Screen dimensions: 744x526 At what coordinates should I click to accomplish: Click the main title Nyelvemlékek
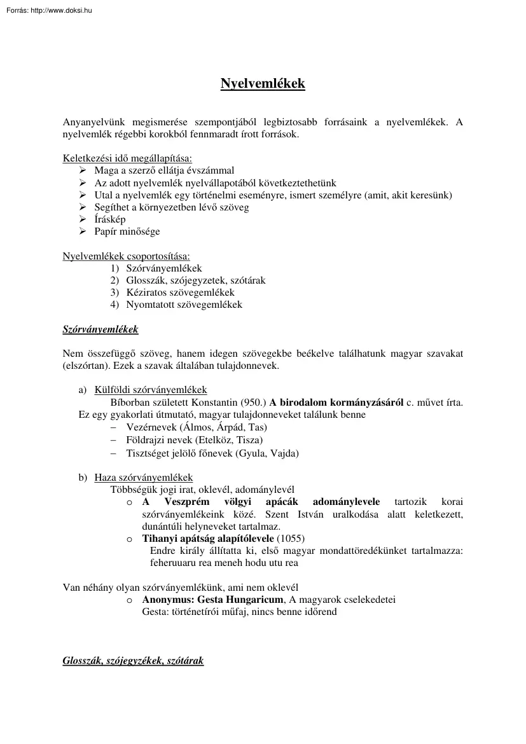click(263, 84)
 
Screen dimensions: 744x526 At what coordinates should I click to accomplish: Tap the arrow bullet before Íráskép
click(82, 219)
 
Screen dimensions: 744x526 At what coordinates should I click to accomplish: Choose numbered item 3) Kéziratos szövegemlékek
click(176, 293)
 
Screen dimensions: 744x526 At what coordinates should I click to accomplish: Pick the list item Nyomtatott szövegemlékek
click(184, 305)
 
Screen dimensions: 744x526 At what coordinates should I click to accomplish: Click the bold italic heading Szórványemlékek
click(100, 329)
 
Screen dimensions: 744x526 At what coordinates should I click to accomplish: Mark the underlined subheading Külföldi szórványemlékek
click(150, 390)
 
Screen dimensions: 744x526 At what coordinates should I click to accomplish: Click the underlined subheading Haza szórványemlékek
click(143, 478)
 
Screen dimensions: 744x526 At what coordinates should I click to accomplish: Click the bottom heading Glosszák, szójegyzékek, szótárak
click(133, 661)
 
